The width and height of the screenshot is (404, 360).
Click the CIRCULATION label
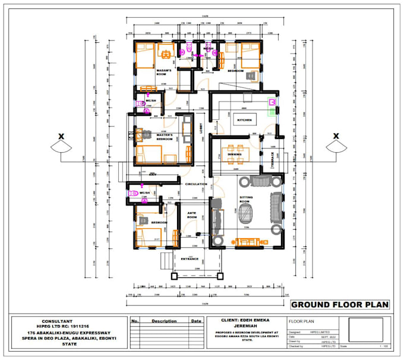[195, 184]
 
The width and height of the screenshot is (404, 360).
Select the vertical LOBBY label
[201, 127]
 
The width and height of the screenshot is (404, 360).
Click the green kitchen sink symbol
[272, 103]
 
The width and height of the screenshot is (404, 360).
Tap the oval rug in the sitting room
[246, 214]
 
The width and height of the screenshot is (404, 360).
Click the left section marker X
[60, 136]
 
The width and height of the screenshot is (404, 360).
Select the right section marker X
[336, 136]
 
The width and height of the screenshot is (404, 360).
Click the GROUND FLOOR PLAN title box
[339, 305]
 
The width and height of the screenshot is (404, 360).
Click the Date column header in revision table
[196, 321]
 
